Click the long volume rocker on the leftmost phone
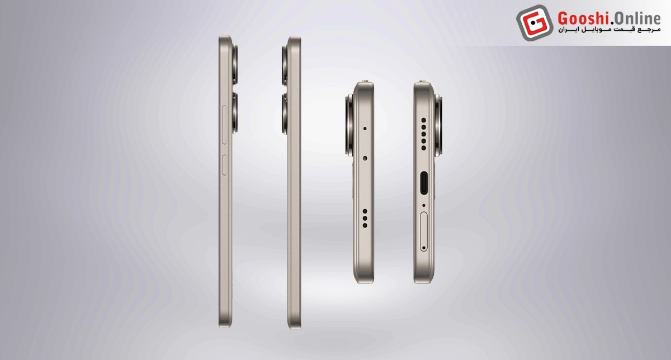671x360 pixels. click(x=224, y=125)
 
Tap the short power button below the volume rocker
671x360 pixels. click(x=224, y=165)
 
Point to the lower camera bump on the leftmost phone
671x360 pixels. click(x=235, y=112)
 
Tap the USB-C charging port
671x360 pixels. click(x=424, y=183)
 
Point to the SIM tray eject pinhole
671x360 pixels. click(x=424, y=248)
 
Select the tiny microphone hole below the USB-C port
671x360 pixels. click(x=424, y=206)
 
